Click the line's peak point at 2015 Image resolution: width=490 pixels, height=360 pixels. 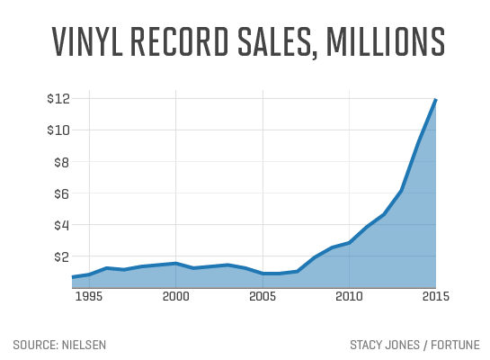pos(436,99)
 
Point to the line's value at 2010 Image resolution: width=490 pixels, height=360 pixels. pos(349,242)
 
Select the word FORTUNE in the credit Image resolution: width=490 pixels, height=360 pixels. pos(455,345)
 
